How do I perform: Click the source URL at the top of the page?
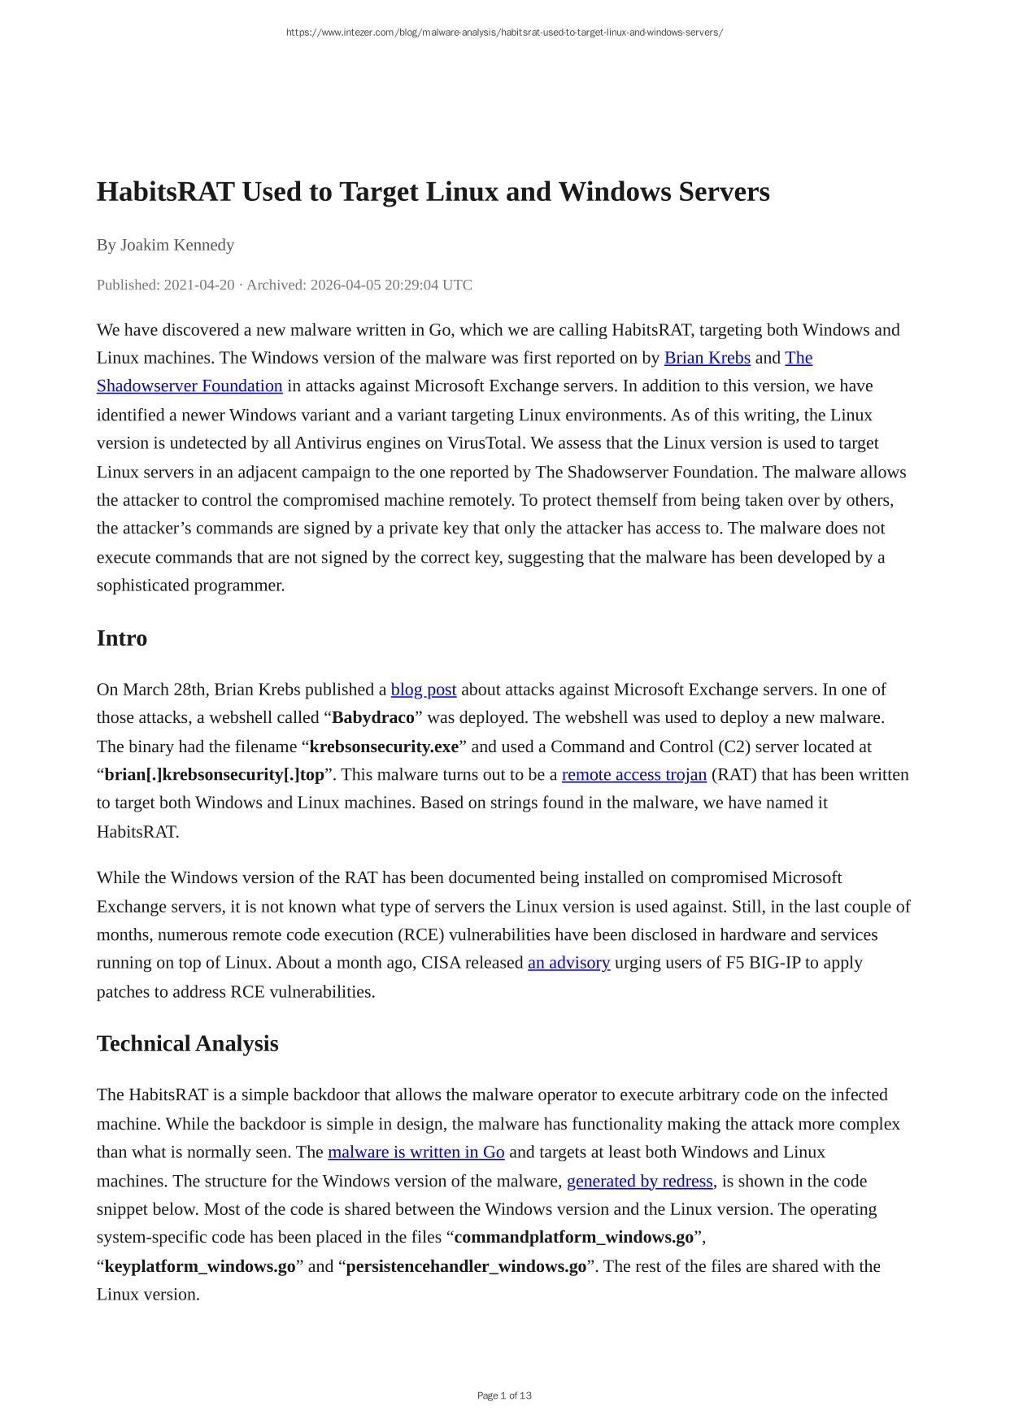[x=504, y=33]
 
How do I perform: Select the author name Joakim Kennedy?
[x=177, y=245]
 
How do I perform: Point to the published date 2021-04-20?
[x=199, y=285]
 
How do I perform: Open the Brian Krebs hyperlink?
[x=707, y=358]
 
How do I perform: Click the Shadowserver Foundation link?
[x=189, y=385]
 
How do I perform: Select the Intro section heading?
[x=122, y=638]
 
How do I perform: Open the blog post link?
[x=423, y=690]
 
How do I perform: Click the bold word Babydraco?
[x=372, y=718]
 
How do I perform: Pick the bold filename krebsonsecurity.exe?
[x=384, y=747]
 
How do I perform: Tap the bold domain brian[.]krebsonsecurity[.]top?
[x=214, y=774]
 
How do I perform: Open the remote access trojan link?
[x=633, y=774]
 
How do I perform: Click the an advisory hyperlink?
[x=568, y=963]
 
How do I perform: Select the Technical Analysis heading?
[x=187, y=1043]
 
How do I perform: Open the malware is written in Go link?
[x=416, y=1152]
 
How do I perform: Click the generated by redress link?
[x=639, y=1181]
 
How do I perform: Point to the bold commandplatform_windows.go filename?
[x=573, y=1238]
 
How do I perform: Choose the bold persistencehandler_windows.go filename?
[x=465, y=1266]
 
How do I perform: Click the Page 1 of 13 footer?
[x=504, y=1395]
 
